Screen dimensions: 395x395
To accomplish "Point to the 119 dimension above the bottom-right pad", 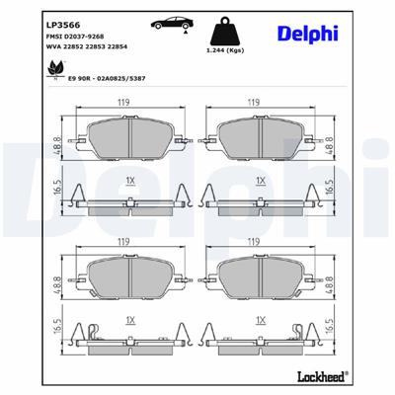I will pos(254,242).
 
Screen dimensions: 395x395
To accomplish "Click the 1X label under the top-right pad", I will pos(261,181).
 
